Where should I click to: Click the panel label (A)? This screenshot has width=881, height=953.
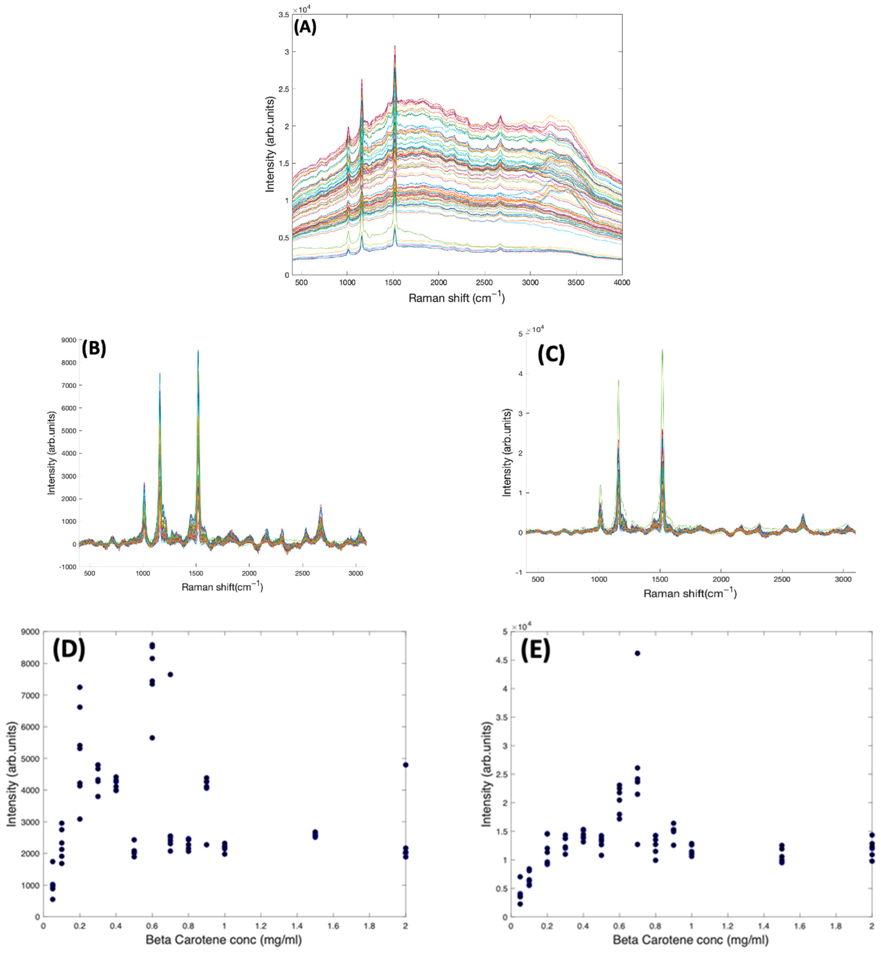click(305, 28)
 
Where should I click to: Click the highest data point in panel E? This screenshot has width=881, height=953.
click(637, 653)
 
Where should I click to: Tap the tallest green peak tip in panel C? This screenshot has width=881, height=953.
click(662, 349)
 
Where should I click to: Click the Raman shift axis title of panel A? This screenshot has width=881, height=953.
click(456, 298)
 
